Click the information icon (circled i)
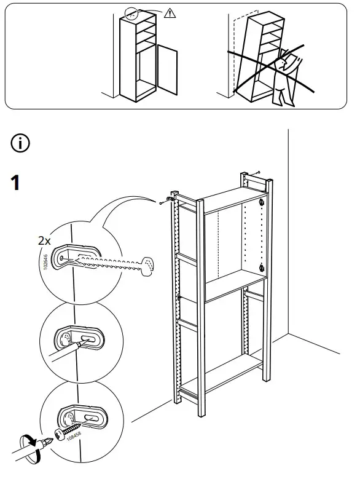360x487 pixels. click(20, 145)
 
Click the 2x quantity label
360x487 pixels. click(43, 241)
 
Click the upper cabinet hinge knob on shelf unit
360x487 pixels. click(262, 204)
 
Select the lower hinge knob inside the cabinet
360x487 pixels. click(262, 267)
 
